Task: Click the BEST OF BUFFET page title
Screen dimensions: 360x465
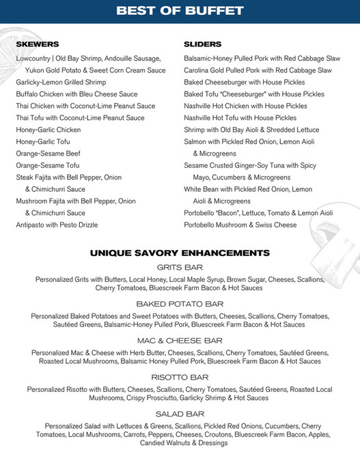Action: click(x=180, y=11)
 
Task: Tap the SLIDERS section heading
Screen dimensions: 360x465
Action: click(x=203, y=44)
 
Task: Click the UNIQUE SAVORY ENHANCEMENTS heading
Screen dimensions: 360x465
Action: click(x=180, y=253)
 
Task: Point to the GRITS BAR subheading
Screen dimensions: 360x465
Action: click(x=180, y=267)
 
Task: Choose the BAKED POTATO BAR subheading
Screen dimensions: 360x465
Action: click(x=180, y=304)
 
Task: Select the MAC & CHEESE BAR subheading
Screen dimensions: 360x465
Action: click(x=180, y=340)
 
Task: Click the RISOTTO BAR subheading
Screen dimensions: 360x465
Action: click(x=180, y=377)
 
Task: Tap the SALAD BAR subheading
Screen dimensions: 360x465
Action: click(x=180, y=414)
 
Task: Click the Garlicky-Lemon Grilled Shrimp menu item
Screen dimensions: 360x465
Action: click(x=62, y=82)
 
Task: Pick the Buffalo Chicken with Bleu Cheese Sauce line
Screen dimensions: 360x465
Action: click(x=77, y=94)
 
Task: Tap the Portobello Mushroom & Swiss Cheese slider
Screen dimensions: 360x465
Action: click(x=240, y=225)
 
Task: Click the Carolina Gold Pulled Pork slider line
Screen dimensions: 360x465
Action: click(x=258, y=70)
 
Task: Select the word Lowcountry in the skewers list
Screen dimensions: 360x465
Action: click(x=33, y=59)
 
